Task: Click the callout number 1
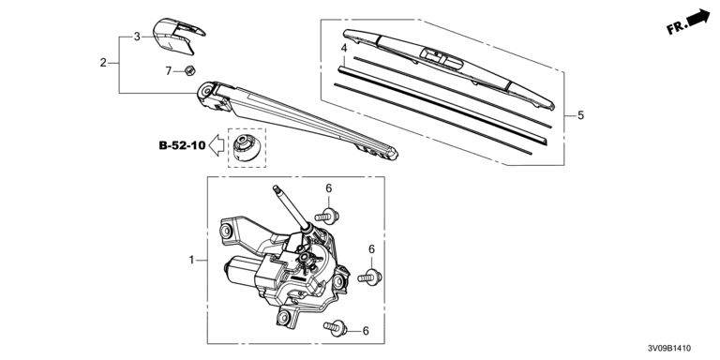click(x=192, y=261)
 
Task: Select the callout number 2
click(x=103, y=63)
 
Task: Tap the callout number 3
click(x=137, y=37)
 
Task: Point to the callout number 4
click(x=344, y=48)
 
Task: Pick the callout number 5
click(x=581, y=115)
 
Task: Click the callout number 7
click(x=169, y=70)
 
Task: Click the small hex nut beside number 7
click(x=190, y=70)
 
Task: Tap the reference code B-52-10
click(x=182, y=145)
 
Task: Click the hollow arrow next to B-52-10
click(x=217, y=145)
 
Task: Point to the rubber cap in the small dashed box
click(x=247, y=147)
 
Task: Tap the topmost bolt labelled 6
click(x=327, y=216)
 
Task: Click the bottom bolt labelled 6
click(x=336, y=327)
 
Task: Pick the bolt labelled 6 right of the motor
click(x=369, y=277)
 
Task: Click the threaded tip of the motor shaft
click(x=276, y=188)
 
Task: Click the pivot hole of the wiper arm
click(x=205, y=90)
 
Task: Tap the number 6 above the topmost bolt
click(x=329, y=188)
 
